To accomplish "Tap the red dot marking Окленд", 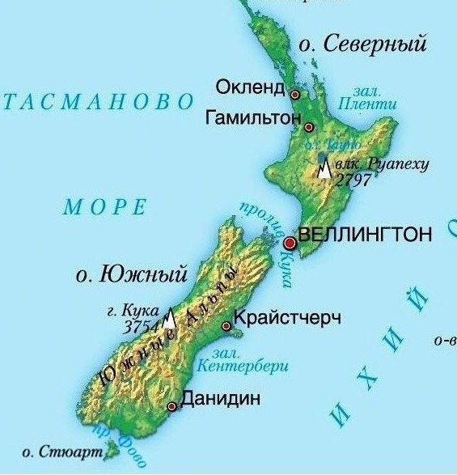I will (x=295, y=95).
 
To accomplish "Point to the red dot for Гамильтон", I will (x=308, y=127).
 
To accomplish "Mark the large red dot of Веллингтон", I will (x=290, y=243).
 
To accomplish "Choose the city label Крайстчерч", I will (x=286, y=317).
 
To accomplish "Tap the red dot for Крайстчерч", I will (x=226, y=327).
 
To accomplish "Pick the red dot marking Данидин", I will (x=171, y=407).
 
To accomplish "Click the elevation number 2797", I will (x=353, y=180).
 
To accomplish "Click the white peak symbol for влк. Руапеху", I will (x=324, y=169).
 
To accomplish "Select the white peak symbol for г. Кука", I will (x=169, y=320).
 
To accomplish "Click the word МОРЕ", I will (x=105, y=207).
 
